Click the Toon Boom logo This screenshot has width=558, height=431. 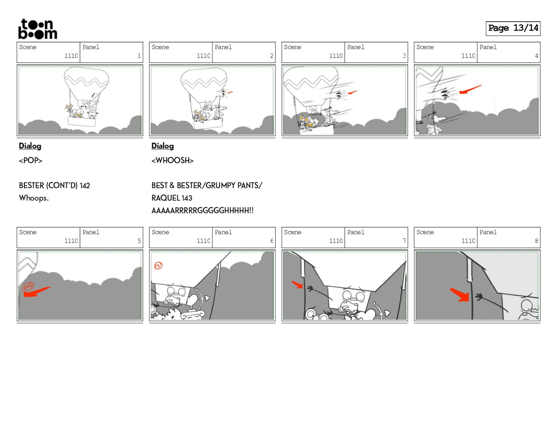(37, 29)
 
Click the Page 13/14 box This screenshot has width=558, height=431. (513, 28)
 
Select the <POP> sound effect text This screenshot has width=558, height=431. (31, 161)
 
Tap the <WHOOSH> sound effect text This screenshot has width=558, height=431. (172, 161)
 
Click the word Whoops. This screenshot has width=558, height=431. (34, 198)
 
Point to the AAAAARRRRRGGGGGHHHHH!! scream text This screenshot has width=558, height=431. (202, 210)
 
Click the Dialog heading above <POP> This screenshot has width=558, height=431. (30, 146)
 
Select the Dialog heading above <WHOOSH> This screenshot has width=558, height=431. (163, 146)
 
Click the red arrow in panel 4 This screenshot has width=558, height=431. (470, 89)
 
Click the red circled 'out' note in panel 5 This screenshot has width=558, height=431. (28, 286)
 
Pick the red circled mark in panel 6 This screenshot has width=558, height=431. (158, 265)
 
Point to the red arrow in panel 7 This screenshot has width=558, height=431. (298, 285)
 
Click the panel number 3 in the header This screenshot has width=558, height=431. (404, 56)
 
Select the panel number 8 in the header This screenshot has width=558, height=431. (536, 241)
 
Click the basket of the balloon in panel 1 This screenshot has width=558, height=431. (82, 121)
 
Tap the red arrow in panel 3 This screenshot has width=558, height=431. (352, 92)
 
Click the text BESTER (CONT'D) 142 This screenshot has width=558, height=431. (54, 185)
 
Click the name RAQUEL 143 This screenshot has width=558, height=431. (172, 198)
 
